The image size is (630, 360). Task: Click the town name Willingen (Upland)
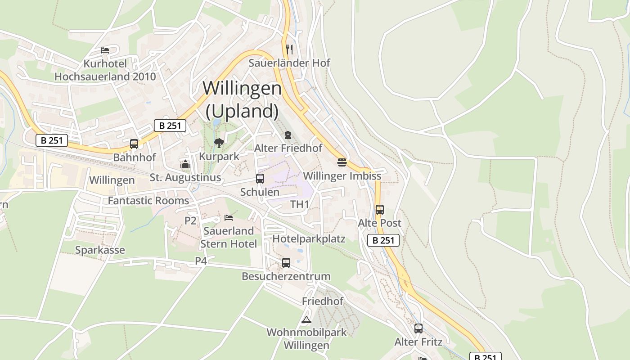pos(242,99)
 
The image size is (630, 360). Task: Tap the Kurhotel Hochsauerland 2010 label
pos(105,70)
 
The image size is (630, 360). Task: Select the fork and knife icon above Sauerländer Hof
pos(289,49)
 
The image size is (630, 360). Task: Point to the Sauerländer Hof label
pos(289,63)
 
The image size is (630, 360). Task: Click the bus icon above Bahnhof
pos(134,144)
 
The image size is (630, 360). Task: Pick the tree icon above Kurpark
pos(219,143)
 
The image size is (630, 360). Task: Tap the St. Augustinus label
pos(185,177)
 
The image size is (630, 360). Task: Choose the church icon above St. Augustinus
pos(185,164)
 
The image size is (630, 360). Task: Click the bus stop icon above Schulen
pos(260,178)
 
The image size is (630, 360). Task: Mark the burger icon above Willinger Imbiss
pos(342,162)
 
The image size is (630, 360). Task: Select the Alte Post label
pos(379,223)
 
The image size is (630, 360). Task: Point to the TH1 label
pos(300,204)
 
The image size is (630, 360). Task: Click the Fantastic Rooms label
pos(148,200)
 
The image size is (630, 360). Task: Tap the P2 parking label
pos(191,220)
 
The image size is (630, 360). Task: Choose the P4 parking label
pos(201,261)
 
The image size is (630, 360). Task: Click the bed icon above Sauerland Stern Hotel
pos(229,218)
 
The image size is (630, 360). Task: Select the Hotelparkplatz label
pos(309,238)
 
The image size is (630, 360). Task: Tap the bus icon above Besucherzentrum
pos(286,263)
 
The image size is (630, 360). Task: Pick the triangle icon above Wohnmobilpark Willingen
pos(306,320)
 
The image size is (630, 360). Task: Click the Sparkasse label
pos(100,250)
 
